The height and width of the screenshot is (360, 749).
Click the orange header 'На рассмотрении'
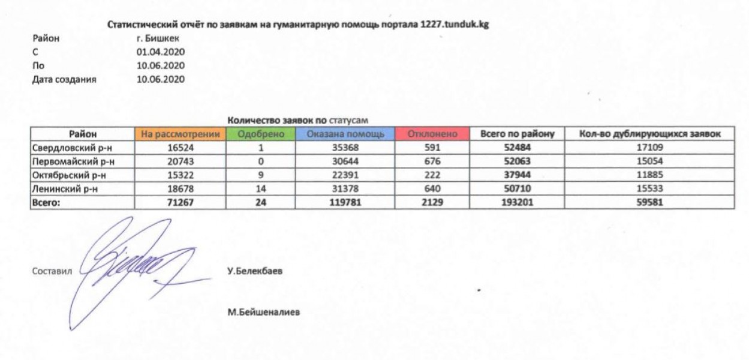182,134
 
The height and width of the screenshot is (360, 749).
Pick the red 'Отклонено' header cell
432,134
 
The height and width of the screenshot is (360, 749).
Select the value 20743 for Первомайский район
181,161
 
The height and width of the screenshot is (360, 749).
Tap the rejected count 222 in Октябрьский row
432,175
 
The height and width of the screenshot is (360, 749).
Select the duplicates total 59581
650,203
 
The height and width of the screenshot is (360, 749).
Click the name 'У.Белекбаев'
255,271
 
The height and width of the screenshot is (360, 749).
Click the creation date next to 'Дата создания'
160,79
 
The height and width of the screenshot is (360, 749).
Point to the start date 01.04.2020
160,52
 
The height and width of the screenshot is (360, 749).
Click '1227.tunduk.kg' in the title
453,25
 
